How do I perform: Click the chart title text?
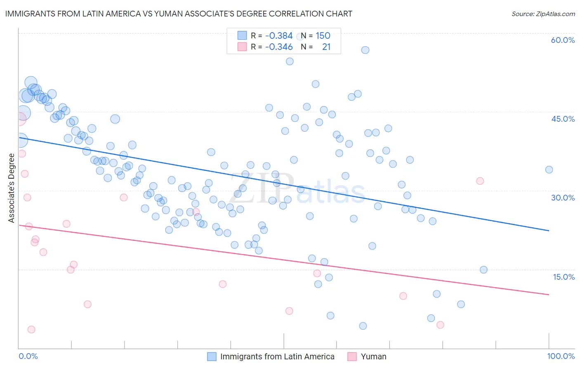pyautogui.click(x=178, y=14)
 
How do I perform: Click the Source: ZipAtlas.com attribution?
pyautogui.click(x=543, y=14)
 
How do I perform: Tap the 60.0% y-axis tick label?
pyautogui.click(x=563, y=40)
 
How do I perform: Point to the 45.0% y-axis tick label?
pyautogui.click(x=563, y=119)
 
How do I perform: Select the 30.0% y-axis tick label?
pyautogui.click(x=563, y=198)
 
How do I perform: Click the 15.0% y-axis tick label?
pyautogui.click(x=563, y=277)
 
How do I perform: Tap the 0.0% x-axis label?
pyautogui.click(x=28, y=356)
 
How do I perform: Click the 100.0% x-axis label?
pyautogui.click(x=561, y=356)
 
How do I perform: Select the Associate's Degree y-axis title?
pyautogui.click(x=12, y=188)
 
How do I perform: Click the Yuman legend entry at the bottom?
pyautogui.click(x=373, y=356)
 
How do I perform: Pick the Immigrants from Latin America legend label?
pyautogui.click(x=277, y=356)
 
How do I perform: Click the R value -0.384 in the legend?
pyautogui.click(x=279, y=36)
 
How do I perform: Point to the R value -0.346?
pyautogui.click(x=279, y=47)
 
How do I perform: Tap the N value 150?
pyautogui.click(x=323, y=36)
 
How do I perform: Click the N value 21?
pyautogui.click(x=326, y=47)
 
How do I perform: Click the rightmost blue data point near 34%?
pyautogui.click(x=549, y=170)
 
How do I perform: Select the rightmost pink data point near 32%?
pyautogui.click(x=480, y=181)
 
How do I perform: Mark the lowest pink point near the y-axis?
pyautogui.click(x=31, y=329)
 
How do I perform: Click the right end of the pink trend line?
pyautogui.click(x=549, y=295)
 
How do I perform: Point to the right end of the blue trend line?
pyautogui.click(x=549, y=231)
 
